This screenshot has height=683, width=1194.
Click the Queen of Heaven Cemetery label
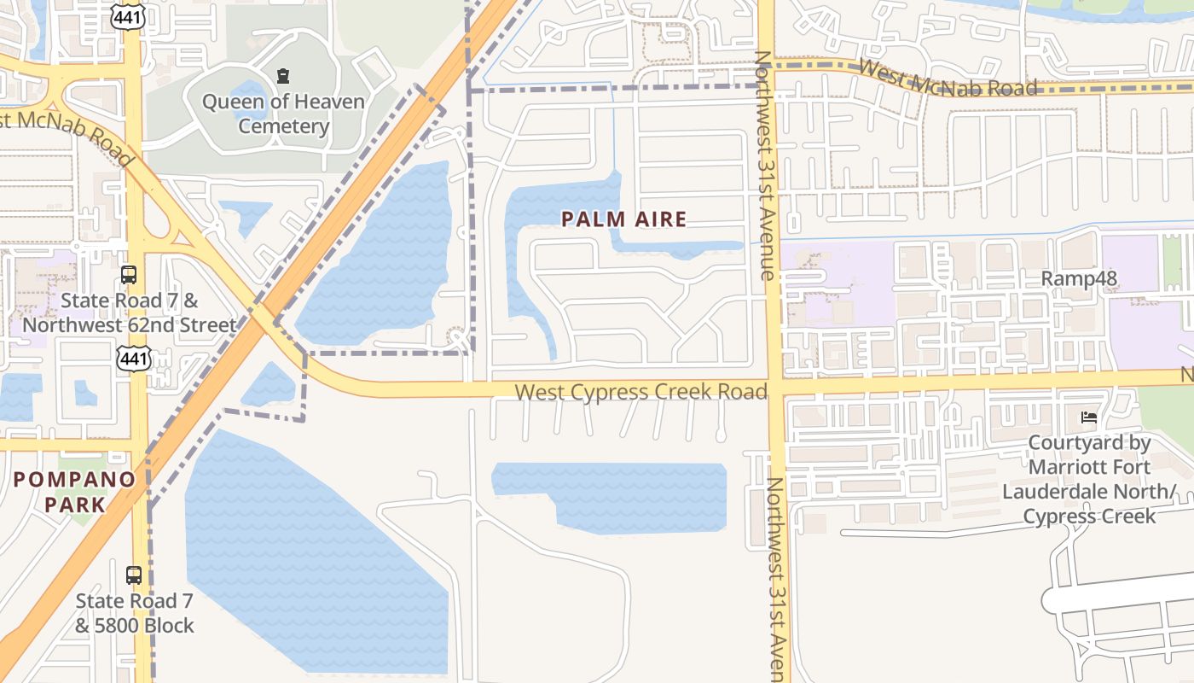click(283, 114)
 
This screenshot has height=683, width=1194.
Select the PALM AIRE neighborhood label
click(624, 219)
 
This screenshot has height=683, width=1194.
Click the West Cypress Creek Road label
click(641, 392)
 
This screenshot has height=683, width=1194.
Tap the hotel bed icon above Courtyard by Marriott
click(1089, 417)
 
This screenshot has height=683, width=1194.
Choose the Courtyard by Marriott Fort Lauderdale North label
click(1089, 480)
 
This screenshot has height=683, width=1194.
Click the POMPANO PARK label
click(74, 492)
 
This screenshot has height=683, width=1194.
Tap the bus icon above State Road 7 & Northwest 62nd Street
click(129, 275)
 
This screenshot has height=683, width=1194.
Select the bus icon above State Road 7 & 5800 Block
click(134, 575)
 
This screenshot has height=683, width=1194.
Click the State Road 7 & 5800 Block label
click(135, 613)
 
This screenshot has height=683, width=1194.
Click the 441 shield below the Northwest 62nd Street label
click(134, 359)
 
